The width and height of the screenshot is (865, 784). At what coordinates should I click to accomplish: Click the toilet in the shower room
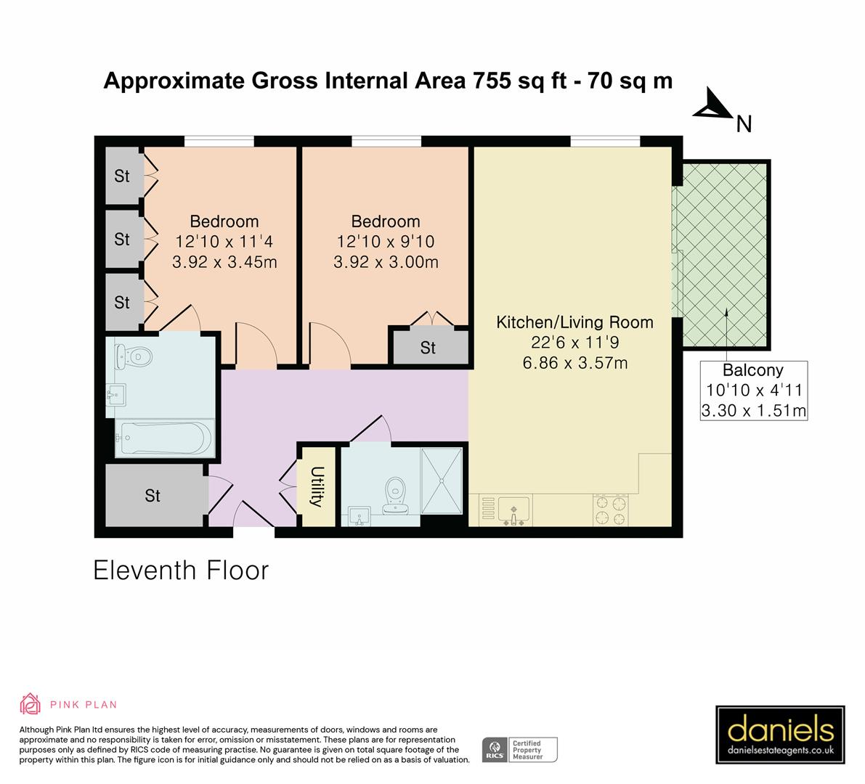[395, 495]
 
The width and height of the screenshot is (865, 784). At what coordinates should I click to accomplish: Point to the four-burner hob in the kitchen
[610, 510]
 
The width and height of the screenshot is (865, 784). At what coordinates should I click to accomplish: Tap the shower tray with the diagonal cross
[442, 481]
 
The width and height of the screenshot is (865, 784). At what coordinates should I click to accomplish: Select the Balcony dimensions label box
[754, 391]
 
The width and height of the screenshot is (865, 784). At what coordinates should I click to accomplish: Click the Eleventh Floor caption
[181, 570]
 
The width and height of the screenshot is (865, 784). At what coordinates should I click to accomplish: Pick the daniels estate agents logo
[780, 735]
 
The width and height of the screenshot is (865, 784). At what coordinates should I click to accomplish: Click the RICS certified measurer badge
[520, 750]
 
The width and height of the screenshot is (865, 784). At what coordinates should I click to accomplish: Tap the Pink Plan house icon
[30, 704]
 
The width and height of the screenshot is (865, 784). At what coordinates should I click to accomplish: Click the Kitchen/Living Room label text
[574, 322]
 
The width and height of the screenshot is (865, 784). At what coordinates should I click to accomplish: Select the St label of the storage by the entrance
[153, 496]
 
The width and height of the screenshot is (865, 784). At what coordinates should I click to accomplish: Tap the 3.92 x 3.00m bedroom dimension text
[386, 262]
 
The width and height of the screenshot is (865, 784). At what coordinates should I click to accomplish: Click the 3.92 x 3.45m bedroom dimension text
[224, 262]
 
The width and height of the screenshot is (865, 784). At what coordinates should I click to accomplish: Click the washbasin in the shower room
[359, 517]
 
